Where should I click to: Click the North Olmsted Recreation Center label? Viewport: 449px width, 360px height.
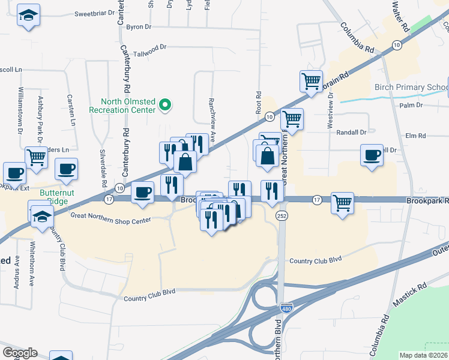pos(123,106)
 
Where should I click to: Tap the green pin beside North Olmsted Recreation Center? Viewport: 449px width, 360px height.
pos(166,106)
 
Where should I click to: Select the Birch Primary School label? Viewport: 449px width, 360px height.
pos(411,88)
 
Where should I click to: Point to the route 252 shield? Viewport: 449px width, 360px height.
pos(281,215)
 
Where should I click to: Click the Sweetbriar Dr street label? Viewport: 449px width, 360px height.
pos(94,13)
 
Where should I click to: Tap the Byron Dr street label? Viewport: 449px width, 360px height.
pos(139,27)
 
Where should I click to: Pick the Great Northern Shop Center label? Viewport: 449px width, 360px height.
pos(110,220)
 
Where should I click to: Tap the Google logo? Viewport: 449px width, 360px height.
pos(19,353)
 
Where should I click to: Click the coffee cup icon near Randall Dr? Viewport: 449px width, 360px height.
pos(372,155)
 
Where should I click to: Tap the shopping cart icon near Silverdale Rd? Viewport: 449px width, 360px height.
pos(37,158)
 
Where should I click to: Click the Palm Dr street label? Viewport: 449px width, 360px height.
pos(411,106)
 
